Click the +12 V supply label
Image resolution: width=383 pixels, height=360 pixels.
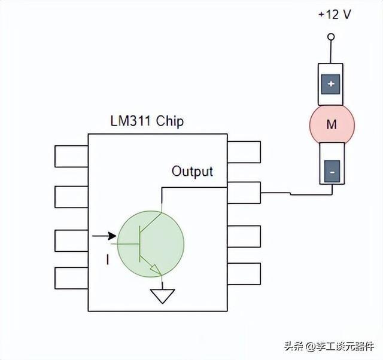click(333, 14)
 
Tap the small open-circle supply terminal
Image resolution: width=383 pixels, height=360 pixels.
click(331, 37)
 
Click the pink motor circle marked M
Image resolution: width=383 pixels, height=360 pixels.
click(332, 124)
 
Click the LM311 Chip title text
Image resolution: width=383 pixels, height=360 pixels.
click(147, 121)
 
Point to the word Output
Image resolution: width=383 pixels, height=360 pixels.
click(192, 172)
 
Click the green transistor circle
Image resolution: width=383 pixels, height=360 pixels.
click(150, 243)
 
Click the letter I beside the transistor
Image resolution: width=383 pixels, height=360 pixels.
click(108, 260)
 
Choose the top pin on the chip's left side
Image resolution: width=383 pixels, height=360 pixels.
click(71, 155)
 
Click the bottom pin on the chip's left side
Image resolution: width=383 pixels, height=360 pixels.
click(71, 278)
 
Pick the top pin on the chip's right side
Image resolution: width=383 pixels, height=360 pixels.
click(244, 152)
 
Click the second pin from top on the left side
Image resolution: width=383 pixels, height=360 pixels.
click(71, 197)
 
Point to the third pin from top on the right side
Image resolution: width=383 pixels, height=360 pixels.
click(244, 236)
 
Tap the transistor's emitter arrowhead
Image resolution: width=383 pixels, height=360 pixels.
click(157, 270)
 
